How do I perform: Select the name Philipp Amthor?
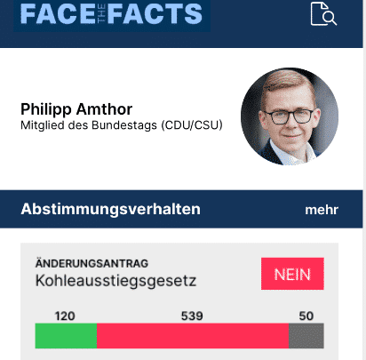pyautogui.click(x=76, y=109)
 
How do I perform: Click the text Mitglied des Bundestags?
pyautogui.click(x=89, y=125)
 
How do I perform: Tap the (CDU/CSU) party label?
pyautogui.click(x=192, y=125)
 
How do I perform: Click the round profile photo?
pyautogui.click(x=289, y=116)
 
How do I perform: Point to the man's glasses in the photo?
pyautogui.click(x=289, y=115)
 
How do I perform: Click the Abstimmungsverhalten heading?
pyautogui.click(x=110, y=210)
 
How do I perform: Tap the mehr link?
pyautogui.click(x=322, y=211)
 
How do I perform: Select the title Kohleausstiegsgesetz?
pyautogui.click(x=115, y=282)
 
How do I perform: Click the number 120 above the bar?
pyautogui.click(x=65, y=316)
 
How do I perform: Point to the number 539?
pyautogui.click(x=192, y=316)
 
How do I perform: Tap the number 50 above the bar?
pyautogui.click(x=306, y=316)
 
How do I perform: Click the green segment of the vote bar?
pyautogui.click(x=65, y=336)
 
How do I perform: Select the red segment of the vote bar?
pyautogui.click(x=192, y=336)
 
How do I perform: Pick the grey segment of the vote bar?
pyautogui.click(x=306, y=336)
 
